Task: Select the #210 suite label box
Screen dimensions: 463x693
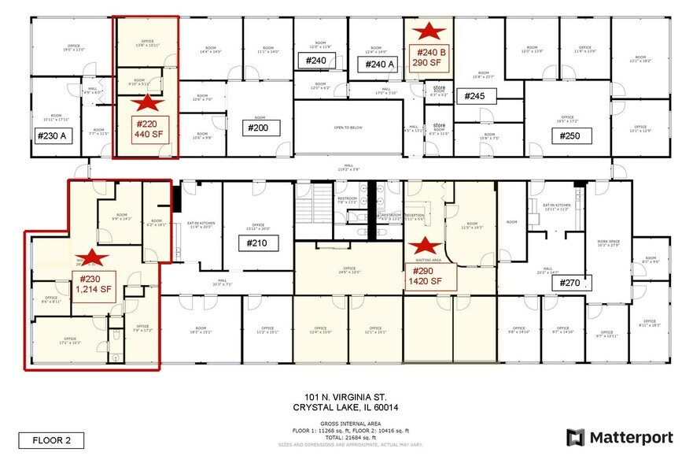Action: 260,243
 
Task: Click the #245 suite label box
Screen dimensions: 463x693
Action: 475,96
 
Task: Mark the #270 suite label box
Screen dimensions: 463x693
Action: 573,283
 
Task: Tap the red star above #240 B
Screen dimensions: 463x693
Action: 429,32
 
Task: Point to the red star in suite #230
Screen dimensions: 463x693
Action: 94,256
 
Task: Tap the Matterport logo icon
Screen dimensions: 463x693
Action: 576,438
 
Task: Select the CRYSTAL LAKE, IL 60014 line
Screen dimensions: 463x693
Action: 345,406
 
